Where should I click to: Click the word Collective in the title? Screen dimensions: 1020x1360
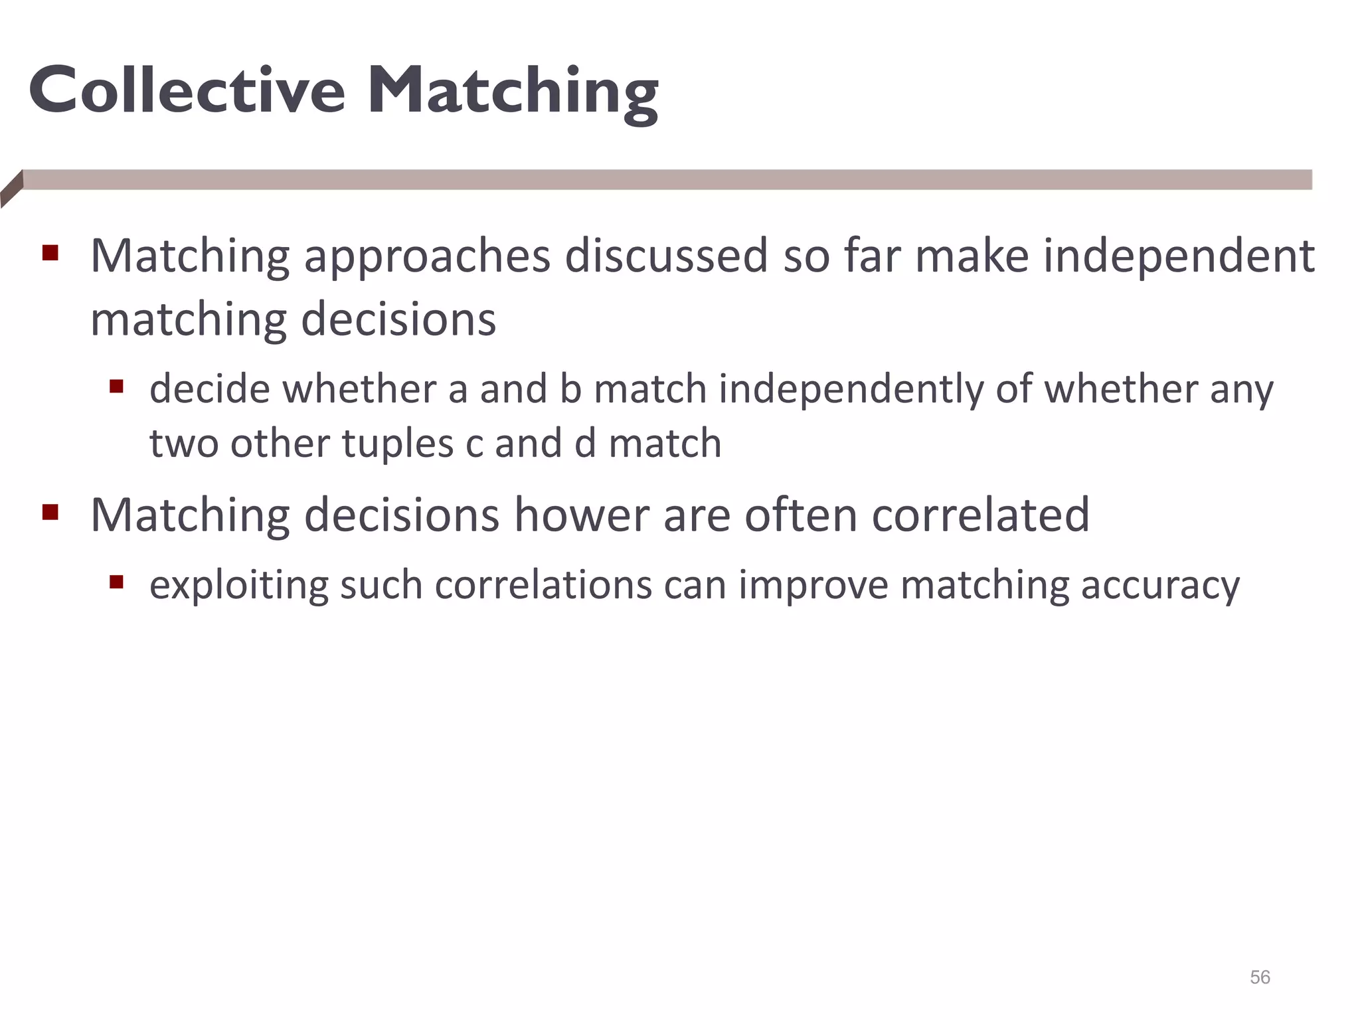(187, 90)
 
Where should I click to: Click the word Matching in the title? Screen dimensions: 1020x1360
(513, 93)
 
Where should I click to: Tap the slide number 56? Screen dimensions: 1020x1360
(1260, 977)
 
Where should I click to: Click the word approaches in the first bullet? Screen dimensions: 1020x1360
(427, 257)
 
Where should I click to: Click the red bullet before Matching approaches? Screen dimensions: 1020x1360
(50, 253)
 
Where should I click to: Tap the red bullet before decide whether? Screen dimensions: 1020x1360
(117, 386)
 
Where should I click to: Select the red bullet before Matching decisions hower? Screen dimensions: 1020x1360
(50, 512)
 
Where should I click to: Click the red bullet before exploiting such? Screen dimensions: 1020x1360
(117, 582)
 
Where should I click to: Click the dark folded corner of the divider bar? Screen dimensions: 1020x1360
(11, 189)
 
